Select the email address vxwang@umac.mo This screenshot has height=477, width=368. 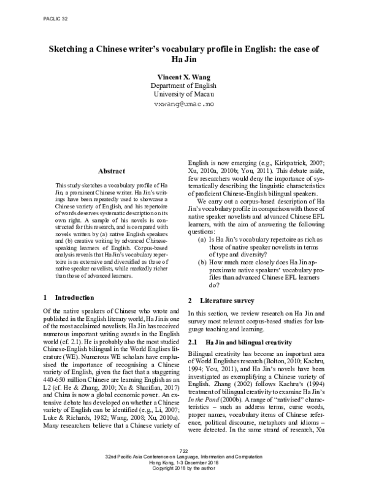tap(183, 104)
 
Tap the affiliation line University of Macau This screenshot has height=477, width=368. tap(183, 95)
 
